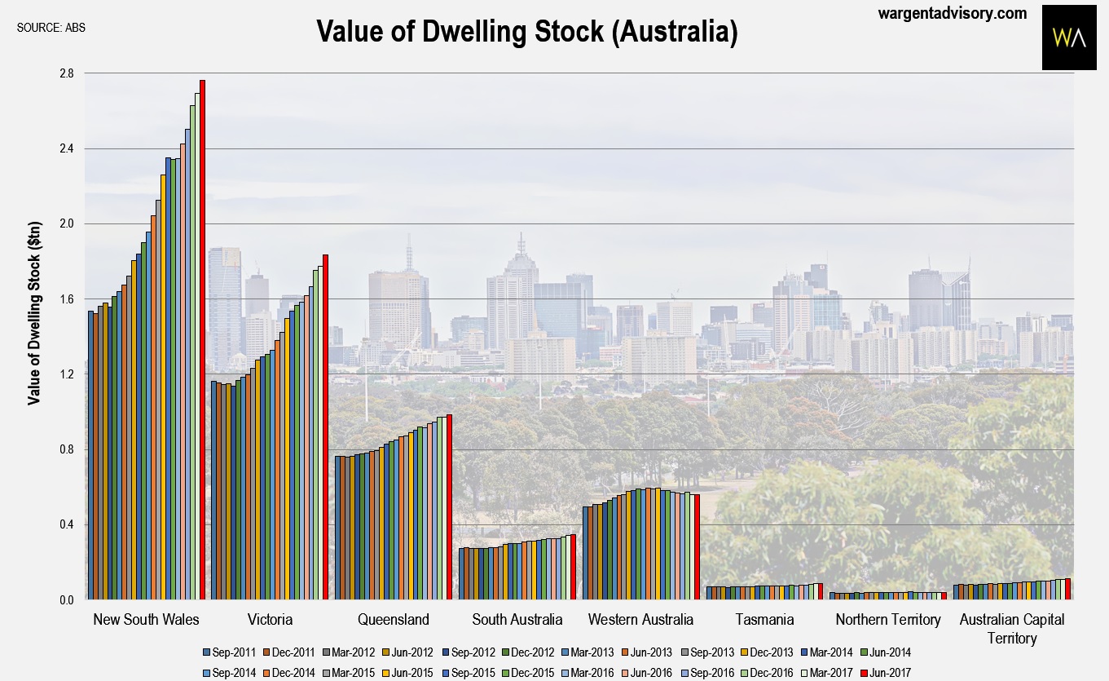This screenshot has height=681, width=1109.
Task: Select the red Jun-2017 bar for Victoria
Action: click(x=325, y=427)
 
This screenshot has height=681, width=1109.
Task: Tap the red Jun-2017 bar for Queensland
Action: click(x=449, y=506)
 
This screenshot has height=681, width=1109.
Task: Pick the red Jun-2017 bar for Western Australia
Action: click(x=697, y=546)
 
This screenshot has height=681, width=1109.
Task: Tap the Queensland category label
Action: click(x=394, y=620)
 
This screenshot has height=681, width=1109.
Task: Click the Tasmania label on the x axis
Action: click(x=764, y=620)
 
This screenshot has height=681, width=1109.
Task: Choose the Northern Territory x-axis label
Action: click(x=887, y=620)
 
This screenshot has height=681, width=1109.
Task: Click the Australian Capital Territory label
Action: click(x=1011, y=628)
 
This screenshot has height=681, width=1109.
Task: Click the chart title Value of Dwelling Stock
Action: click(x=526, y=31)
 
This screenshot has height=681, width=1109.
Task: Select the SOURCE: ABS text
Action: click(x=51, y=27)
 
